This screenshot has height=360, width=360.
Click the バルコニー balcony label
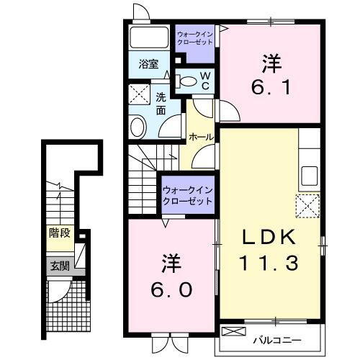pos(276,338)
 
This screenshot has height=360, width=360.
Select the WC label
pos(204,81)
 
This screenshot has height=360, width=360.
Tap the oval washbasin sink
pos(139,126)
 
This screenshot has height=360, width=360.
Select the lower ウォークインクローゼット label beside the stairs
pos(187,195)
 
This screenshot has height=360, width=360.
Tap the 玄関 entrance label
pos(60,266)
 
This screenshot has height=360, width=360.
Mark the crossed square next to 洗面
pos(138,94)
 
